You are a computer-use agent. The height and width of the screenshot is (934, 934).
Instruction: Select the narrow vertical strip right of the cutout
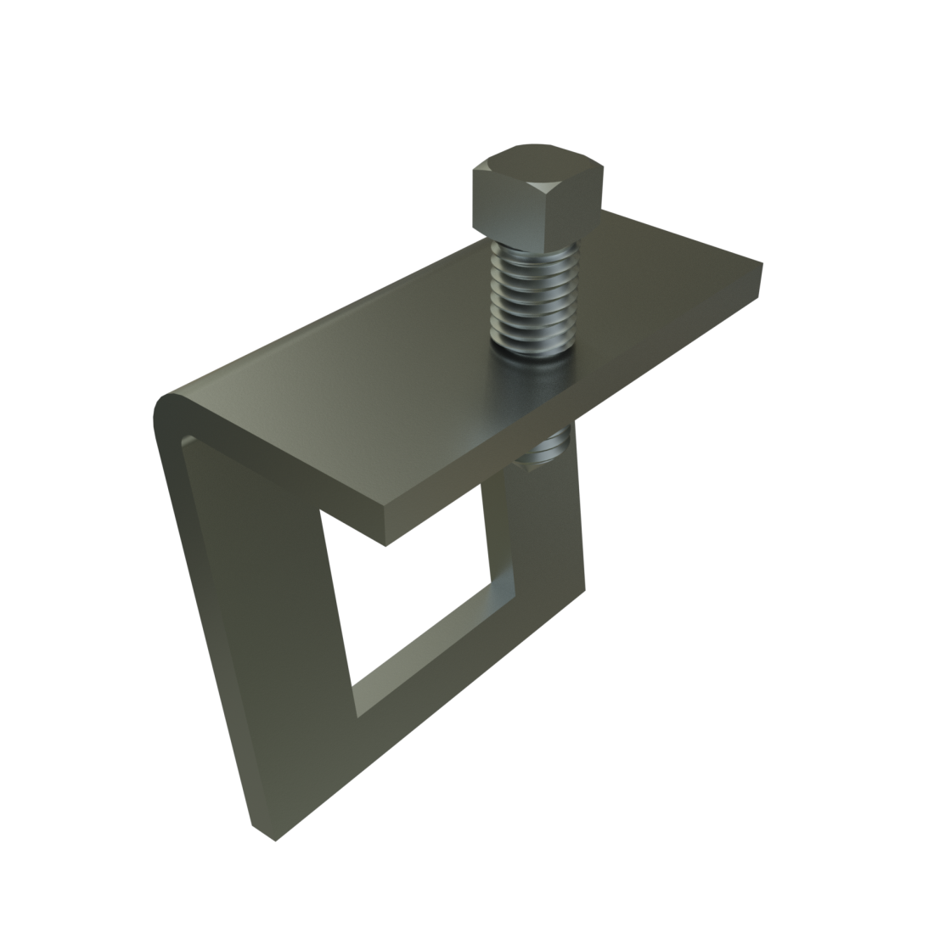tap(543, 526)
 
